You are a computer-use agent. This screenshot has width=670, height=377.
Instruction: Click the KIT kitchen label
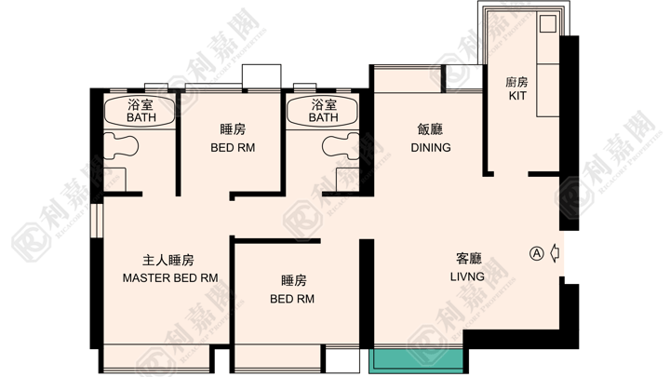pyautogui.click(x=517, y=96)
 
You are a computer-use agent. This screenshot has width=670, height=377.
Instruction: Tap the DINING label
pyautogui.click(x=431, y=148)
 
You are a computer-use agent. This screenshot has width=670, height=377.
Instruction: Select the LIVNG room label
pyautogui.click(x=467, y=276)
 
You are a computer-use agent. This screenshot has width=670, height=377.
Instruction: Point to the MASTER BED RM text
pyautogui.click(x=170, y=278)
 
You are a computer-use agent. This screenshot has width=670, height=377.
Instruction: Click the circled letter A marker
pyautogui.click(x=537, y=253)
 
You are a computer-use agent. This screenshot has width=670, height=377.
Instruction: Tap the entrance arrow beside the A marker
pyautogui.click(x=555, y=253)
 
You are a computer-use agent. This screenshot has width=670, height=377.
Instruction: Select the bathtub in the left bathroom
pyautogui.click(x=140, y=111)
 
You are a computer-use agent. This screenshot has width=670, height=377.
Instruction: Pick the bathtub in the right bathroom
pyautogui.click(x=324, y=112)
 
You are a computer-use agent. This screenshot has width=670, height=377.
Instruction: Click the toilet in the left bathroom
pyautogui.click(x=121, y=146)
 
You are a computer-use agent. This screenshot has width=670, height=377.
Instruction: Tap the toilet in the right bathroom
pyautogui.click(x=342, y=146)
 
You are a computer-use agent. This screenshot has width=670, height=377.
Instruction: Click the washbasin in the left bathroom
pyautogui.click(x=114, y=180)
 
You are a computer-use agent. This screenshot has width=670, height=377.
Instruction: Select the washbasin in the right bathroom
pyautogui.click(x=348, y=180)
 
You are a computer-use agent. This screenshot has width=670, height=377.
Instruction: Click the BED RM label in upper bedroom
pyautogui.click(x=233, y=148)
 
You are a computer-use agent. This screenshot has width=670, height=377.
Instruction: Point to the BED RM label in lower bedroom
pyautogui.click(x=292, y=299)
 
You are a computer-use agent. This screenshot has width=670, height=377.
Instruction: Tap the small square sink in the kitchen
pyautogui.click(x=548, y=24)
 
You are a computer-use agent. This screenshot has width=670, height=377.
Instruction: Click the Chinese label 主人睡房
pyautogui.click(x=168, y=260)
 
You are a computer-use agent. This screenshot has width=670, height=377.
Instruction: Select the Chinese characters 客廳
pyautogui.click(x=469, y=258)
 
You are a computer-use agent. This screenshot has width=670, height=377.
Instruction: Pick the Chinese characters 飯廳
pyautogui.click(x=430, y=129)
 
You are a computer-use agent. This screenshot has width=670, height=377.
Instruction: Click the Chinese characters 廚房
pyautogui.click(x=516, y=82)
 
